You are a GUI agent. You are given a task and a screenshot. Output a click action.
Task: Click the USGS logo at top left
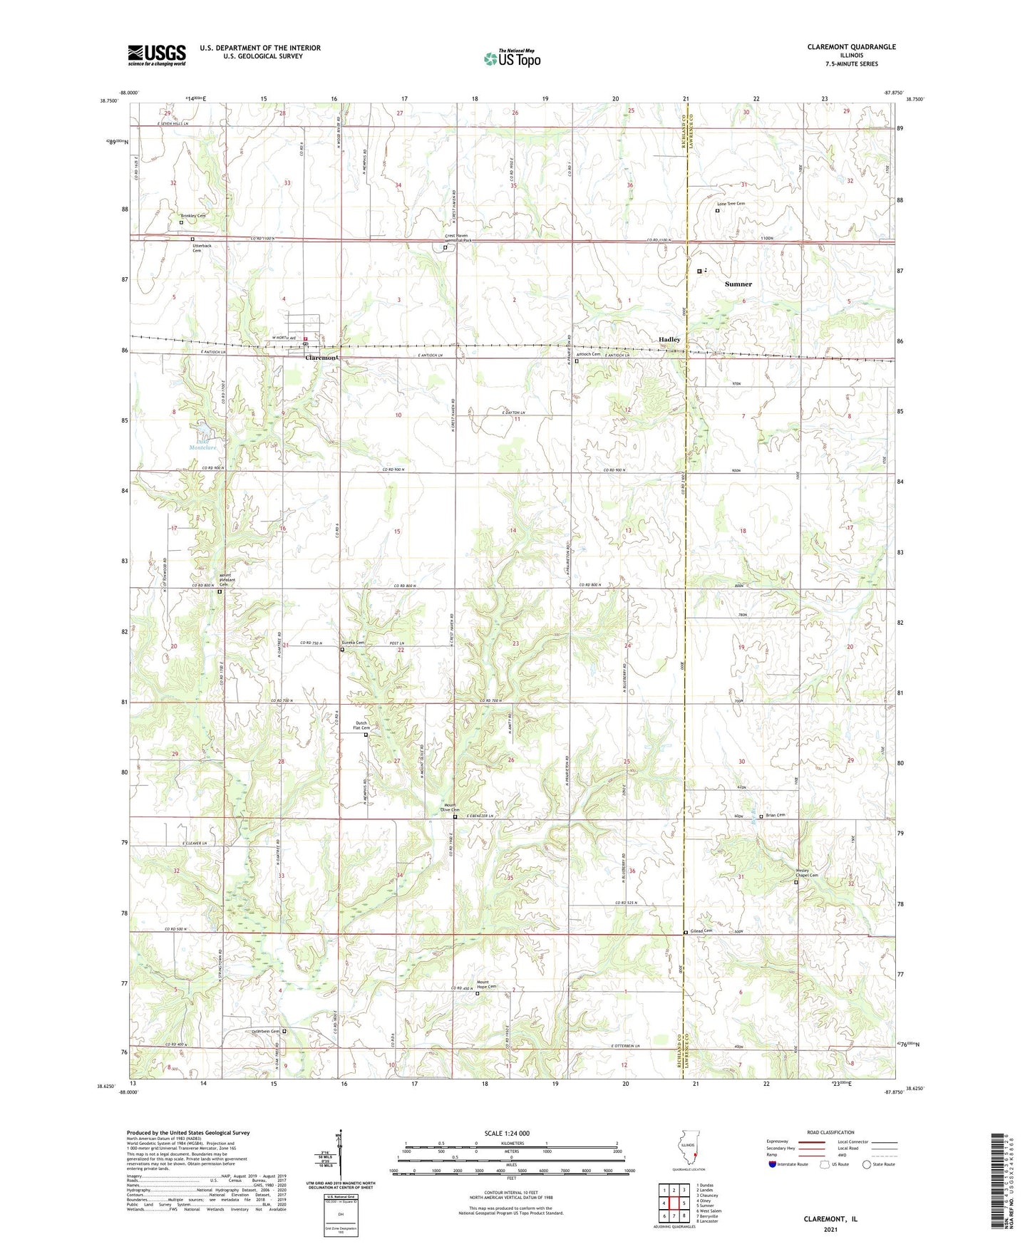tap(157, 55)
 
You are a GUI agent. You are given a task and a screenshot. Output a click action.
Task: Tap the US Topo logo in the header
tap(512, 58)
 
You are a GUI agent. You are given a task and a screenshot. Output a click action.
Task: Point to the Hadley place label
tap(669, 340)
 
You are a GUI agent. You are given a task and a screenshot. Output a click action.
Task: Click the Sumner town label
tap(738, 284)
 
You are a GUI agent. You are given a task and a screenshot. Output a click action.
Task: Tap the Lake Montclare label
tap(203, 444)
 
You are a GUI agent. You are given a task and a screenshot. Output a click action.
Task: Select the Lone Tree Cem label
tap(731, 204)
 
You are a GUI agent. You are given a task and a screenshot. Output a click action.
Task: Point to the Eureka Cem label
tap(354, 643)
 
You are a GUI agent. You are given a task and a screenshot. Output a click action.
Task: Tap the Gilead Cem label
tap(701, 931)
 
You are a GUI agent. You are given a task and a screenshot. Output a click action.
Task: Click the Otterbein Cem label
tap(265, 1031)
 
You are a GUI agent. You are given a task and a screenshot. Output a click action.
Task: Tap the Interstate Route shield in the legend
tap(773, 1164)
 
